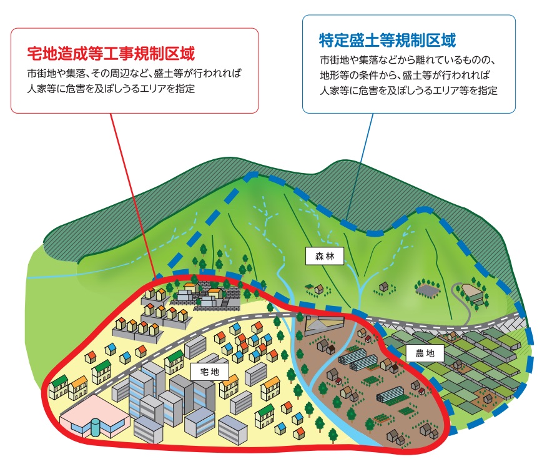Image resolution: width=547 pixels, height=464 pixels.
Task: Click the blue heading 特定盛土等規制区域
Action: [387, 41]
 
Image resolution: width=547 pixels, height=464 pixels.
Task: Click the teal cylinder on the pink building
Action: [94, 428]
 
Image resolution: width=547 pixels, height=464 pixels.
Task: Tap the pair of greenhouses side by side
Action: [357, 361]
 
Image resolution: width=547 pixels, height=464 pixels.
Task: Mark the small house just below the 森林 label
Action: [319, 289]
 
